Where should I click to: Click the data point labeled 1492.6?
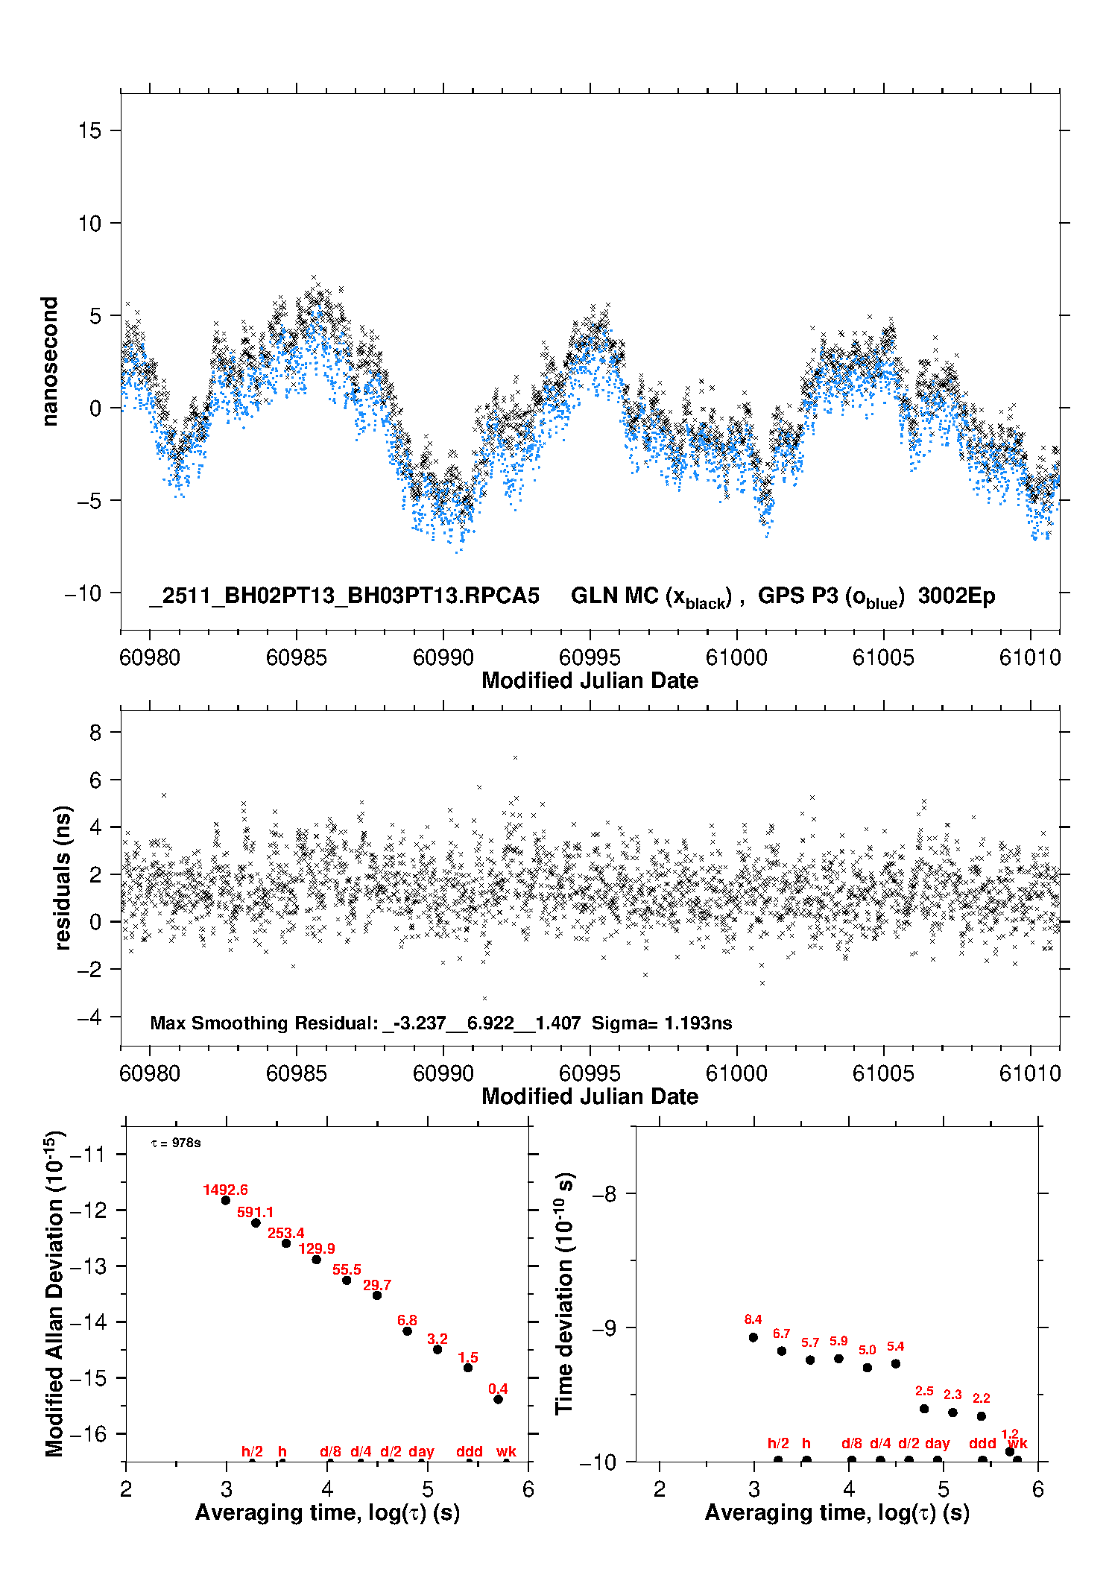tap(226, 1200)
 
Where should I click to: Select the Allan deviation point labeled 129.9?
tap(316, 1260)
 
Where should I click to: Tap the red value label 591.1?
tap(255, 1213)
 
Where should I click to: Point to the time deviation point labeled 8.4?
tap(753, 1337)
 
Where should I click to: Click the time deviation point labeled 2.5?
tap(924, 1409)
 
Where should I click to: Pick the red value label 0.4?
tap(498, 1389)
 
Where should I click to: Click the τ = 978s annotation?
tap(176, 1143)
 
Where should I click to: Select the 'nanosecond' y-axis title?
tap(50, 362)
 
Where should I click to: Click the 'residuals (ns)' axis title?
tap(63, 877)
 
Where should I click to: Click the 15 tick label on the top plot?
tap(89, 131)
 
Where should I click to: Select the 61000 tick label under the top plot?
tap(736, 657)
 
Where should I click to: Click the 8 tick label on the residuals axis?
tap(95, 733)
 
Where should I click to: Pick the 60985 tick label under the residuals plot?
tap(297, 1073)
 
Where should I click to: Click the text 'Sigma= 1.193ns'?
tap(662, 1023)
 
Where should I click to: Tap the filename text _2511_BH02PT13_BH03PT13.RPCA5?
tap(344, 596)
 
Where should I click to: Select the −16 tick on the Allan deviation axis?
tap(88, 1434)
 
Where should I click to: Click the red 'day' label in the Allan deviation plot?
tap(421, 1452)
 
